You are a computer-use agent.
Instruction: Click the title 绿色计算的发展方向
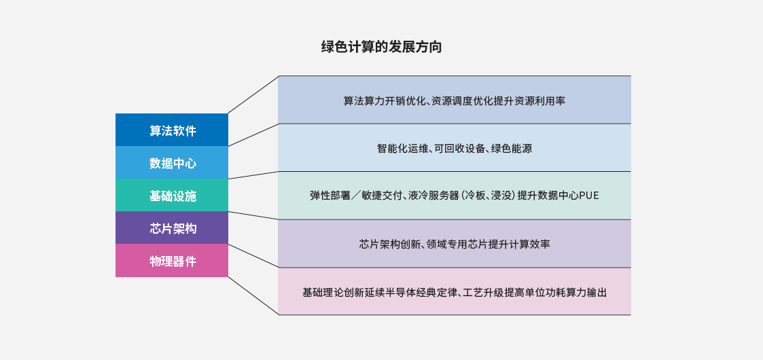[x=382, y=47]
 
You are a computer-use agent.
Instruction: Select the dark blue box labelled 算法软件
[x=172, y=130]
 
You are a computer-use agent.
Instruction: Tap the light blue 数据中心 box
[x=172, y=162]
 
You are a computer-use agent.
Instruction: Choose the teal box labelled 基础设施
[x=172, y=195]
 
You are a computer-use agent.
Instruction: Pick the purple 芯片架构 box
[x=172, y=228]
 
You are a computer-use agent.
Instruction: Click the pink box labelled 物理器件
[x=172, y=261]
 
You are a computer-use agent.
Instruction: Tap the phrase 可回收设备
[x=460, y=148]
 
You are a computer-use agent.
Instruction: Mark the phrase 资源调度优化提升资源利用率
[x=498, y=101]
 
